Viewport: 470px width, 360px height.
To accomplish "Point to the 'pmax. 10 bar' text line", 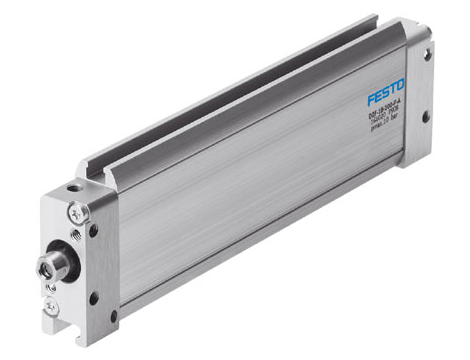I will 388,129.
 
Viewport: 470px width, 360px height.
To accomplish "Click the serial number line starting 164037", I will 387,122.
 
